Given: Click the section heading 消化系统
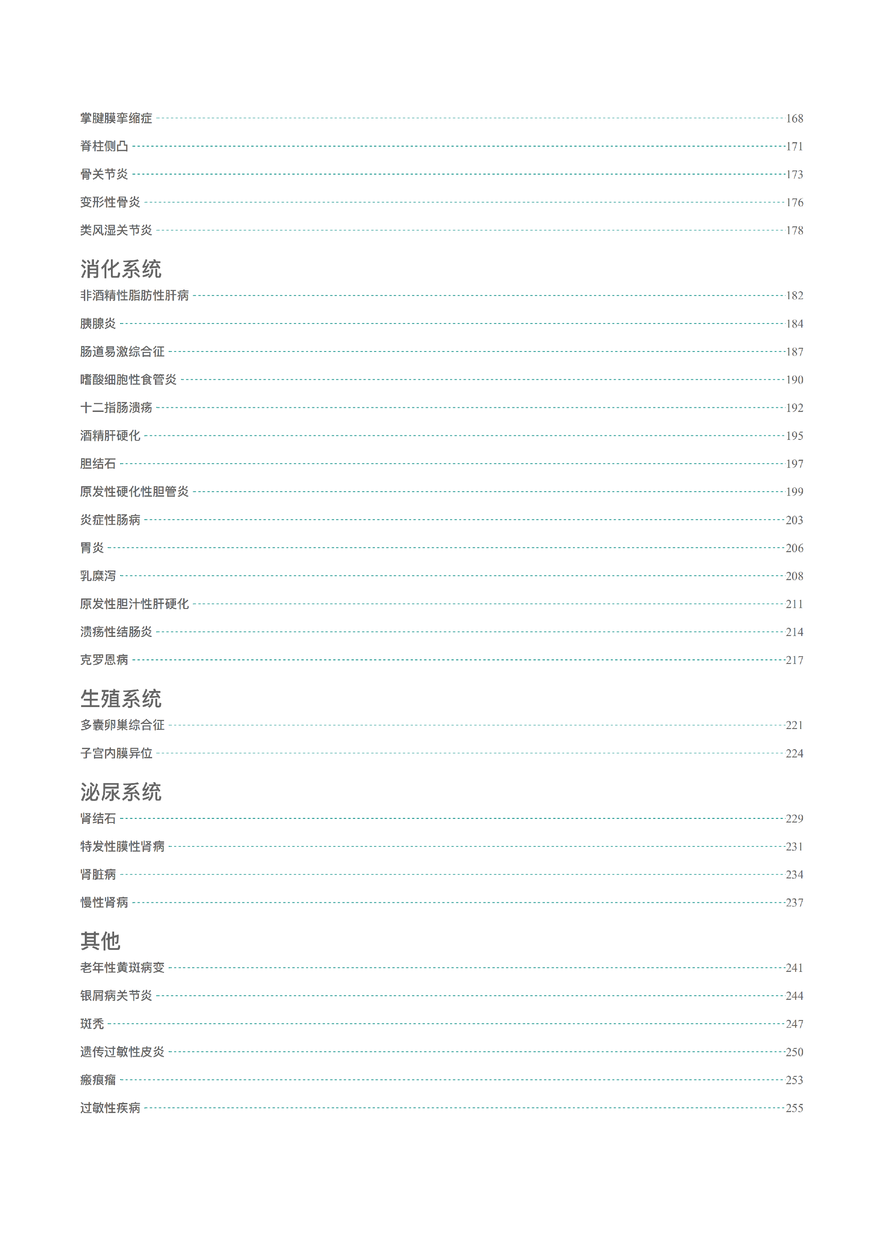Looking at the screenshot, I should pyautogui.click(x=121, y=269).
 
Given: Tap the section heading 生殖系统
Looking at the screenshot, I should pyautogui.click(x=121, y=698).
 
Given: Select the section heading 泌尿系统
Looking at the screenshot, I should pyautogui.click(x=121, y=792).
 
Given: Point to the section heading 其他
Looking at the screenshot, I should pyautogui.click(x=100, y=941).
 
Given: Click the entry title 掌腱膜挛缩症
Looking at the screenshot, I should pyautogui.click(x=116, y=118).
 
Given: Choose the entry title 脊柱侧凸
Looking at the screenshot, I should pyautogui.click(x=104, y=147).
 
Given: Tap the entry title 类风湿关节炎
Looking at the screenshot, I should pyautogui.click(x=116, y=230).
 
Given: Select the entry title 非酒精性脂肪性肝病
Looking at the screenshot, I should pyautogui.click(x=135, y=296).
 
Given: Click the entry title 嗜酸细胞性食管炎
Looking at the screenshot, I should pyautogui.click(x=129, y=379).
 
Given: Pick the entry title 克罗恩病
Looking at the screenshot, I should pyautogui.click(x=104, y=660).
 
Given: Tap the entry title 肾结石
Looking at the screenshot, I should pyautogui.click(x=98, y=818).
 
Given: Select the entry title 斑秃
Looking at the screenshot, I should pyautogui.click(x=92, y=1024).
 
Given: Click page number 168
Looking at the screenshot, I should pyautogui.click(x=794, y=119).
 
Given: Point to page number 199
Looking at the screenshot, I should pyautogui.click(x=794, y=492).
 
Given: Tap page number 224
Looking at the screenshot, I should pyautogui.click(x=794, y=753).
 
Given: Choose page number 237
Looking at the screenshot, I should pyautogui.click(x=794, y=903).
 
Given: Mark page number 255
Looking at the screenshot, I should pyautogui.click(x=794, y=1108).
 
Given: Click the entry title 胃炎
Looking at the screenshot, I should pyautogui.click(x=92, y=548).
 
